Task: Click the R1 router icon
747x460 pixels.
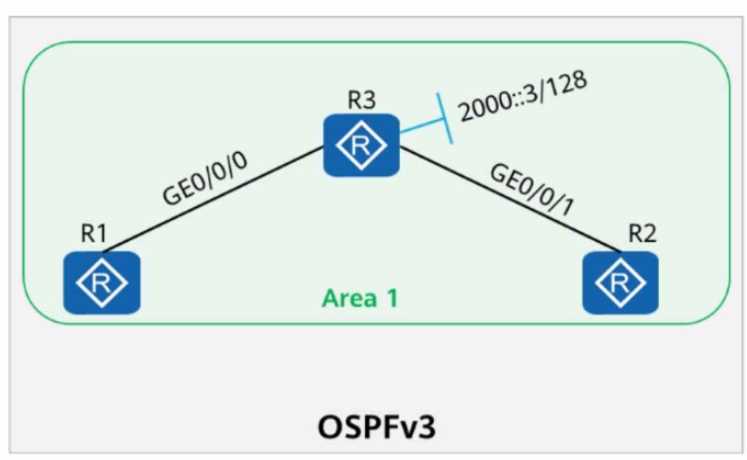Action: pyautogui.click(x=100, y=283)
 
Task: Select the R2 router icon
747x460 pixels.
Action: pyautogui.click(x=621, y=283)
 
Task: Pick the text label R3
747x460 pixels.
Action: pyautogui.click(x=362, y=99)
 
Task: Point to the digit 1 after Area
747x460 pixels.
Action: pyautogui.click(x=387, y=298)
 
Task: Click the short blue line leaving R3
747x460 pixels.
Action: pyautogui.click(x=420, y=125)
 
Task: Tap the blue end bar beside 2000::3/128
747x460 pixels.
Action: pyautogui.click(x=440, y=119)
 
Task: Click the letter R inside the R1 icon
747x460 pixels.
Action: pyautogui.click(x=100, y=283)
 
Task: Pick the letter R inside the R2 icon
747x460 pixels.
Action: pyautogui.click(x=621, y=283)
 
